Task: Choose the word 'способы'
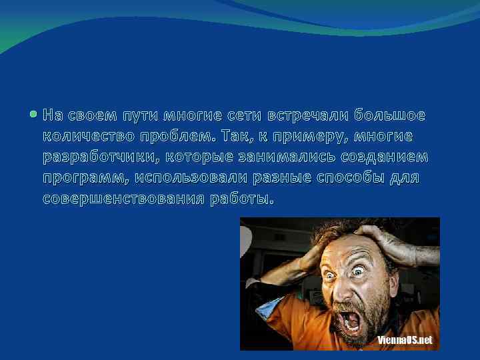point(335,179)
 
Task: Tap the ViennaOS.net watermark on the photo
point(404,340)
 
